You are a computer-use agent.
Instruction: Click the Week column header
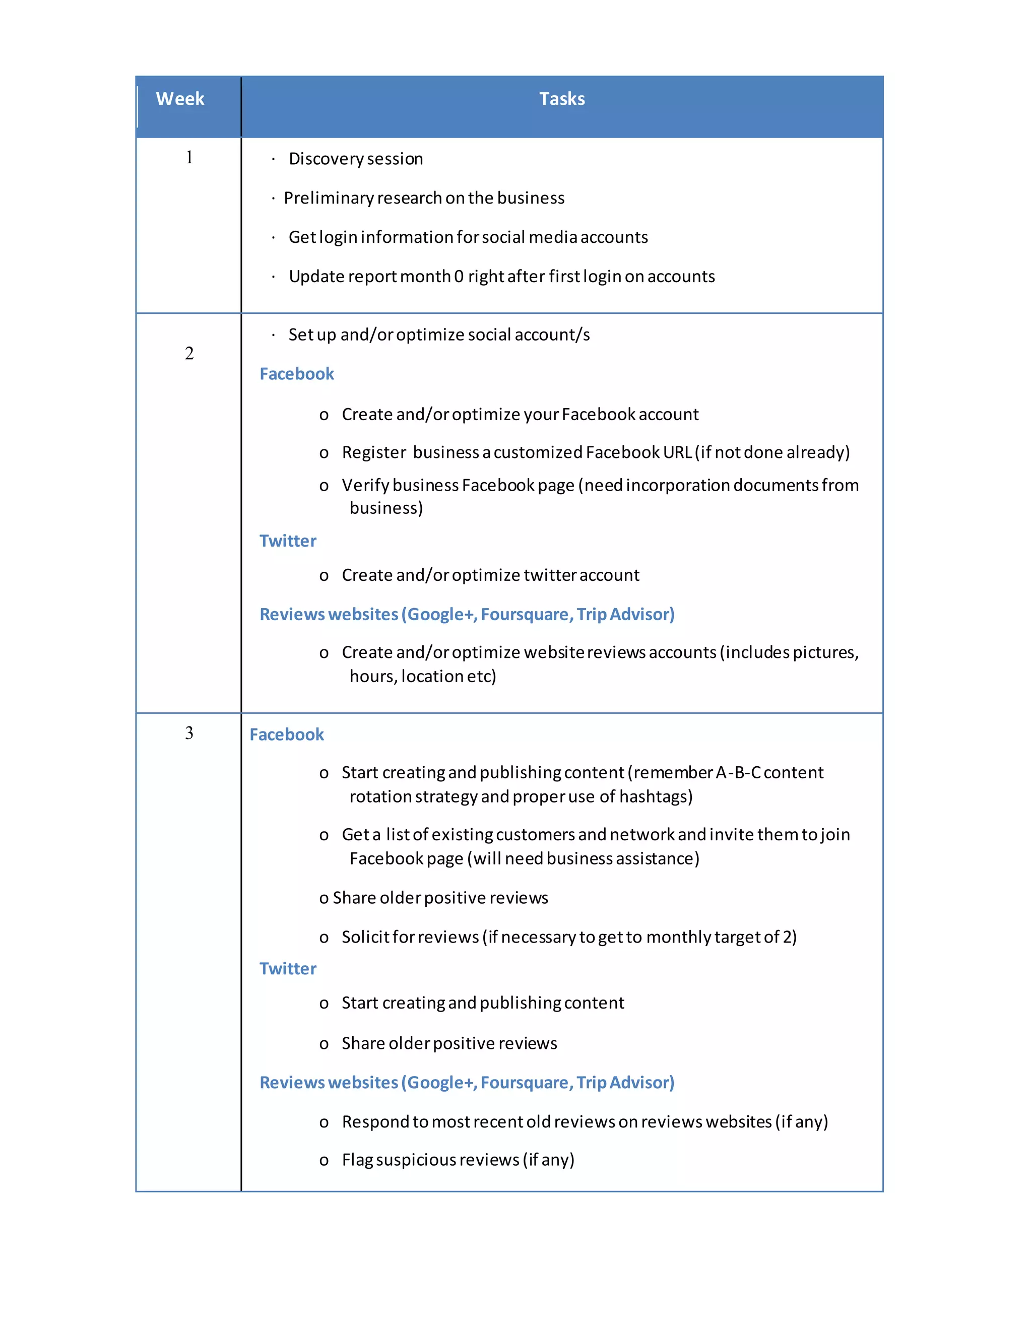(x=180, y=99)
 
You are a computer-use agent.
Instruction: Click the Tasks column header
(x=562, y=99)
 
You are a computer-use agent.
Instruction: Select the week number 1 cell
(x=189, y=158)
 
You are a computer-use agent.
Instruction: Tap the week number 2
(x=189, y=353)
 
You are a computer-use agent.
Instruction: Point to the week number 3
(x=189, y=733)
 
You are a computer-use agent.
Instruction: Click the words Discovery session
(x=355, y=159)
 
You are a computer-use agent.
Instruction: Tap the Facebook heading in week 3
(x=286, y=735)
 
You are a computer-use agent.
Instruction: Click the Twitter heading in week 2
(x=287, y=541)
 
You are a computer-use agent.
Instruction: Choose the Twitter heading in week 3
(x=287, y=969)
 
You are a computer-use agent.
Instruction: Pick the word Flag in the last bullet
(x=357, y=1160)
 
